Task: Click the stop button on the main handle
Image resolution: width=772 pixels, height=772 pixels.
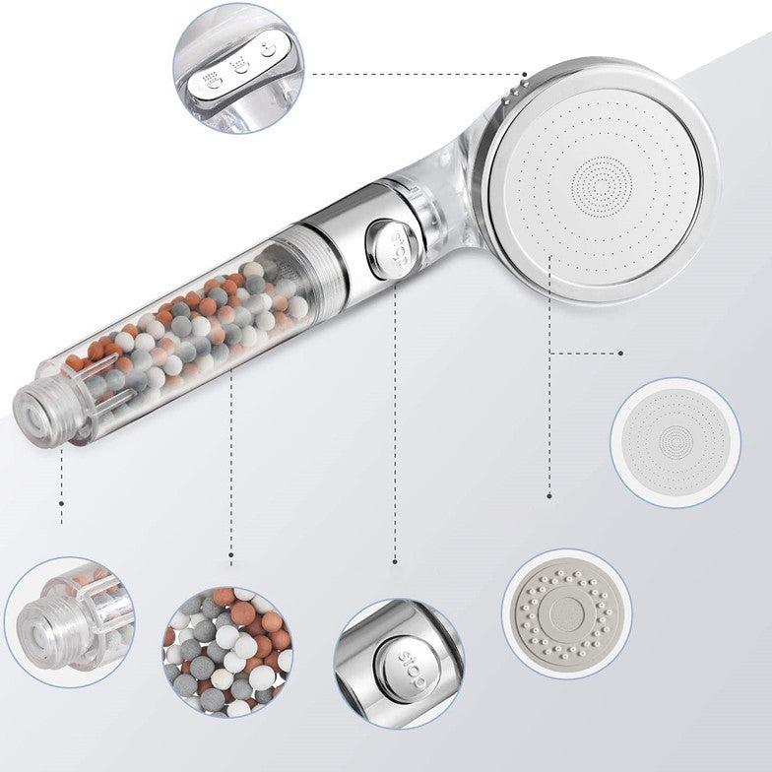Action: [385, 241]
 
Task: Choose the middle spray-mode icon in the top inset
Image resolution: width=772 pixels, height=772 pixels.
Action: [238, 66]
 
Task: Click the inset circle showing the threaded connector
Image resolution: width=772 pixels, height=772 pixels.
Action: [69, 621]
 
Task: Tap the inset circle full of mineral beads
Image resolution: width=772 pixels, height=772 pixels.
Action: [227, 651]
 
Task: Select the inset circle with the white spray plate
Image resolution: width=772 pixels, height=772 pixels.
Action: [675, 442]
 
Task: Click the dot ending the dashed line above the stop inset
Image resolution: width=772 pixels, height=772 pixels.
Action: [395, 562]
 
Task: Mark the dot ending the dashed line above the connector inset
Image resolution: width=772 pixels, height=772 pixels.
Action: [61, 521]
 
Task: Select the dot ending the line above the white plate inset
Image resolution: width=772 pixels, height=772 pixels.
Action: [621, 353]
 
